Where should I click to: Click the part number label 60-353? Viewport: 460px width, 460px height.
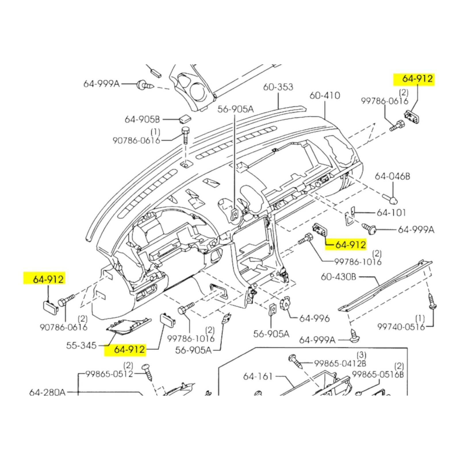click(x=278, y=87)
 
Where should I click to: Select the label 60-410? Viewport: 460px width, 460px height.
click(x=325, y=95)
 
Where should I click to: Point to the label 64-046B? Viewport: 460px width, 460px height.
click(x=392, y=176)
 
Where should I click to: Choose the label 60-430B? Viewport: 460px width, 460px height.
click(x=338, y=277)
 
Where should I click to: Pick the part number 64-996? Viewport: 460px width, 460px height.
click(x=314, y=318)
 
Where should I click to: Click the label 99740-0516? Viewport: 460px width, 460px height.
click(x=401, y=327)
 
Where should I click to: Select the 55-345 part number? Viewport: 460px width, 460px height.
click(x=81, y=345)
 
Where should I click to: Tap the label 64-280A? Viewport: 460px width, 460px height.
click(x=47, y=392)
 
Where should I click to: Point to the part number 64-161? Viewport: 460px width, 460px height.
click(x=258, y=376)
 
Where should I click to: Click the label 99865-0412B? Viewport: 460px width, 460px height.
click(x=340, y=363)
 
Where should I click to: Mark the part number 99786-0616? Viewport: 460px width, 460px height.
click(x=384, y=101)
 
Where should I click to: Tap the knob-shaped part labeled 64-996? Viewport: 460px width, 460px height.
click(x=285, y=303)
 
